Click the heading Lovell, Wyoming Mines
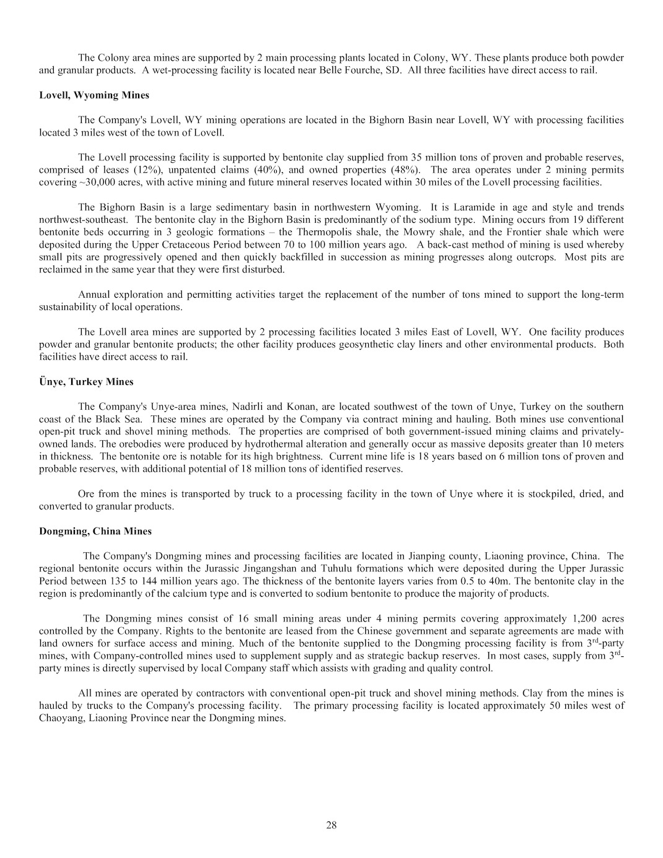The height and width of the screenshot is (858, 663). click(94, 95)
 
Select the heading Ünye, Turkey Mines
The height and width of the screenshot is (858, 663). click(86, 382)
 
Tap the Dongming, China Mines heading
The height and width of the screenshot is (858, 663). click(95, 532)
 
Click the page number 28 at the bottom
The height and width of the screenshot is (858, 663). click(331, 825)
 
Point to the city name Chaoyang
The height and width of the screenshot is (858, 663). click(60, 718)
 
